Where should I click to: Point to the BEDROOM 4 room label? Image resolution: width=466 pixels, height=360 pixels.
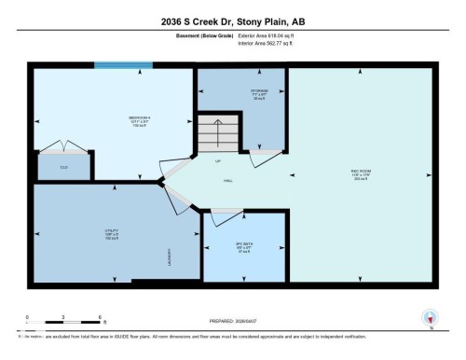141,118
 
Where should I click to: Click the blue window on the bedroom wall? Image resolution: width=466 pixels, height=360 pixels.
122,65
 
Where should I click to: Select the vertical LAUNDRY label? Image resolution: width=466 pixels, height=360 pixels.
169,256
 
